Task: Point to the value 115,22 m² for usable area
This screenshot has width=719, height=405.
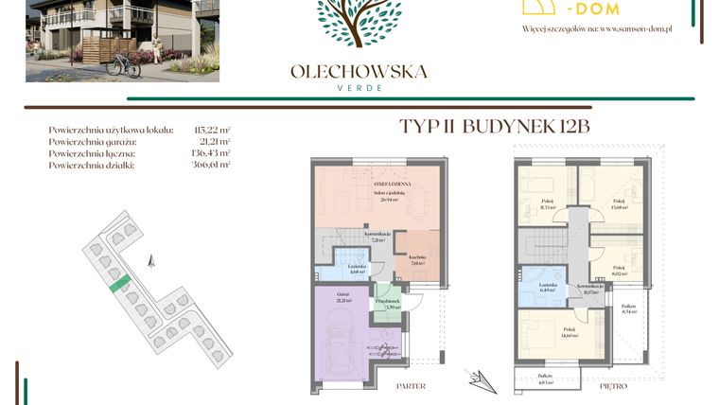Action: (212, 129)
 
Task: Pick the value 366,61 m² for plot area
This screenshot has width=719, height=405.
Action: (212, 165)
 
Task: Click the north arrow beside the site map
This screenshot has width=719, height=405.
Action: (149, 259)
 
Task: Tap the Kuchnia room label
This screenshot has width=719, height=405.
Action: (418, 259)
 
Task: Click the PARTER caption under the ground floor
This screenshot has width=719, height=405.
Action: (411, 386)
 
